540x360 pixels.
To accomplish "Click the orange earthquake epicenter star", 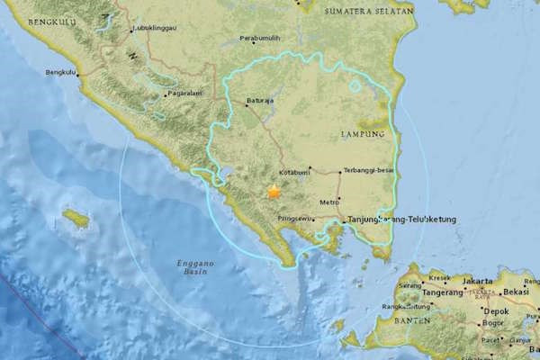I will [273, 191].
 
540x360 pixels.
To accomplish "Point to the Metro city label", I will [329, 202].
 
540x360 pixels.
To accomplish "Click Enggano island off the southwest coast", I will [76, 218].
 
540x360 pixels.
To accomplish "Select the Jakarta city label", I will [477, 281].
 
